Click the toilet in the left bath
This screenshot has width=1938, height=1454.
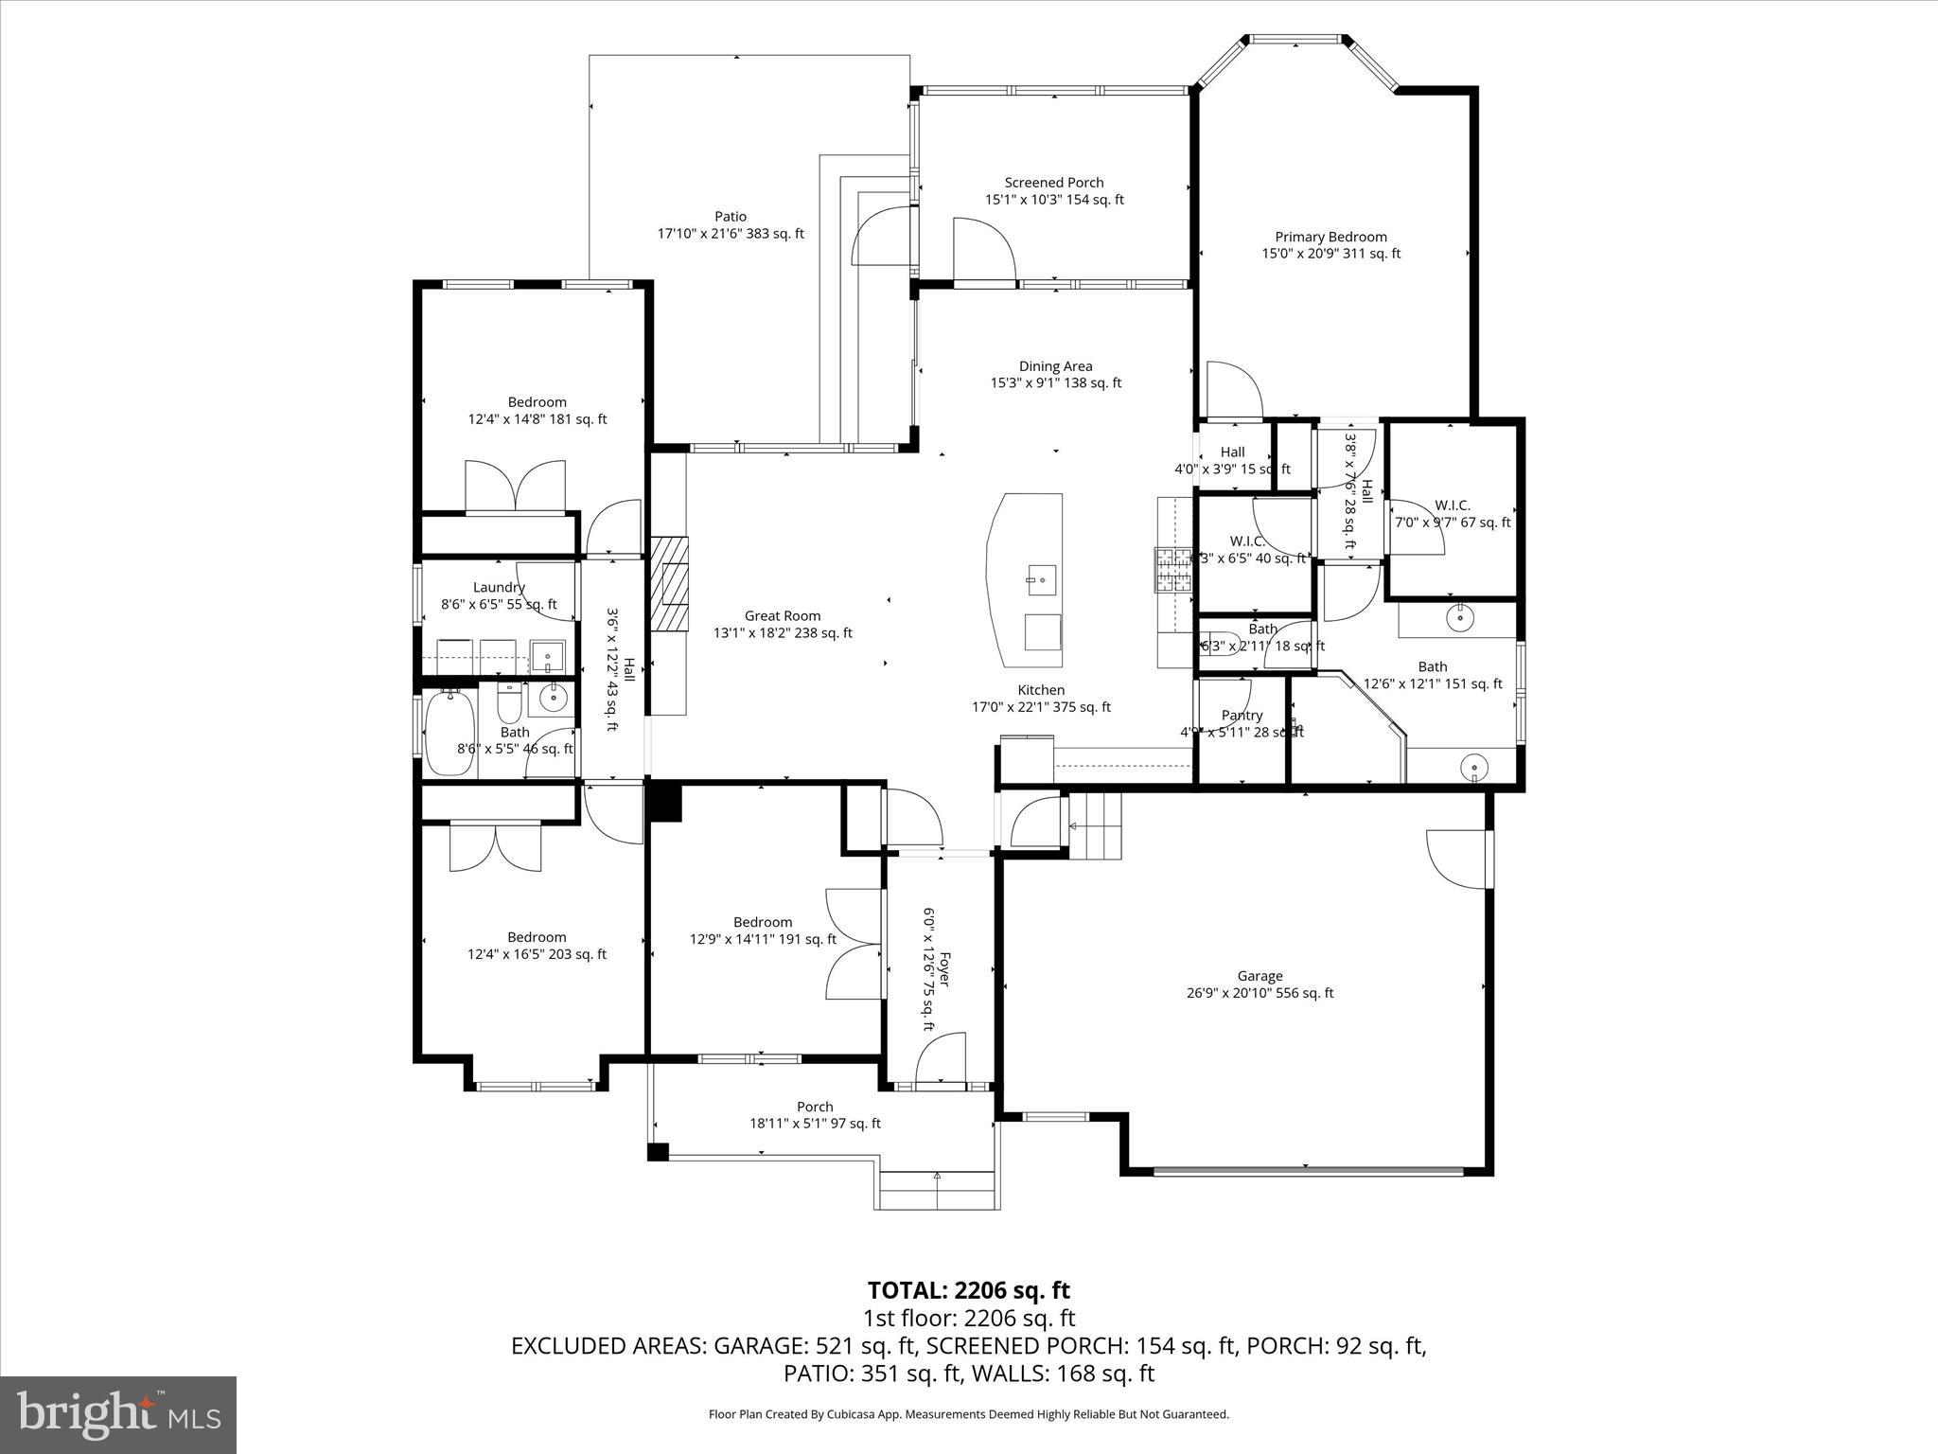[510, 701]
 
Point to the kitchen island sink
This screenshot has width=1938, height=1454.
[1041, 577]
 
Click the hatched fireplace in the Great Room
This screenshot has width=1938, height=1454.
[669, 584]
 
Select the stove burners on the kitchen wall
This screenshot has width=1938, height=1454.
[1172, 571]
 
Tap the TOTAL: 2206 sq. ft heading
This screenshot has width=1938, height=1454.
[968, 1290]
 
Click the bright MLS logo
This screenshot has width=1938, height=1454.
[118, 1415]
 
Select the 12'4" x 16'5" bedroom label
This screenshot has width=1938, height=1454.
[537, 946]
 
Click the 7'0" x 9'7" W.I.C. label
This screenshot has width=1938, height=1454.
[1452, 514]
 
